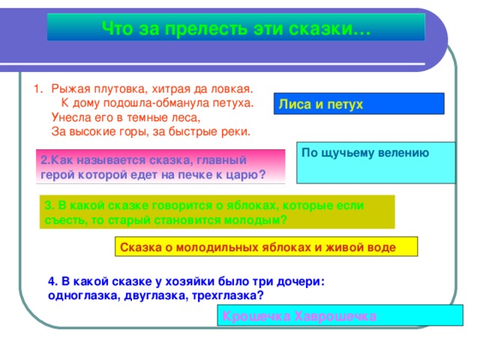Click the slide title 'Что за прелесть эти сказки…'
[x=235, y=28]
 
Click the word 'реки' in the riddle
[x=235, y=130]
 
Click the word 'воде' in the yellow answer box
[x=382, y=247]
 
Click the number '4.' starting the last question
[x=52, y=281]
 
